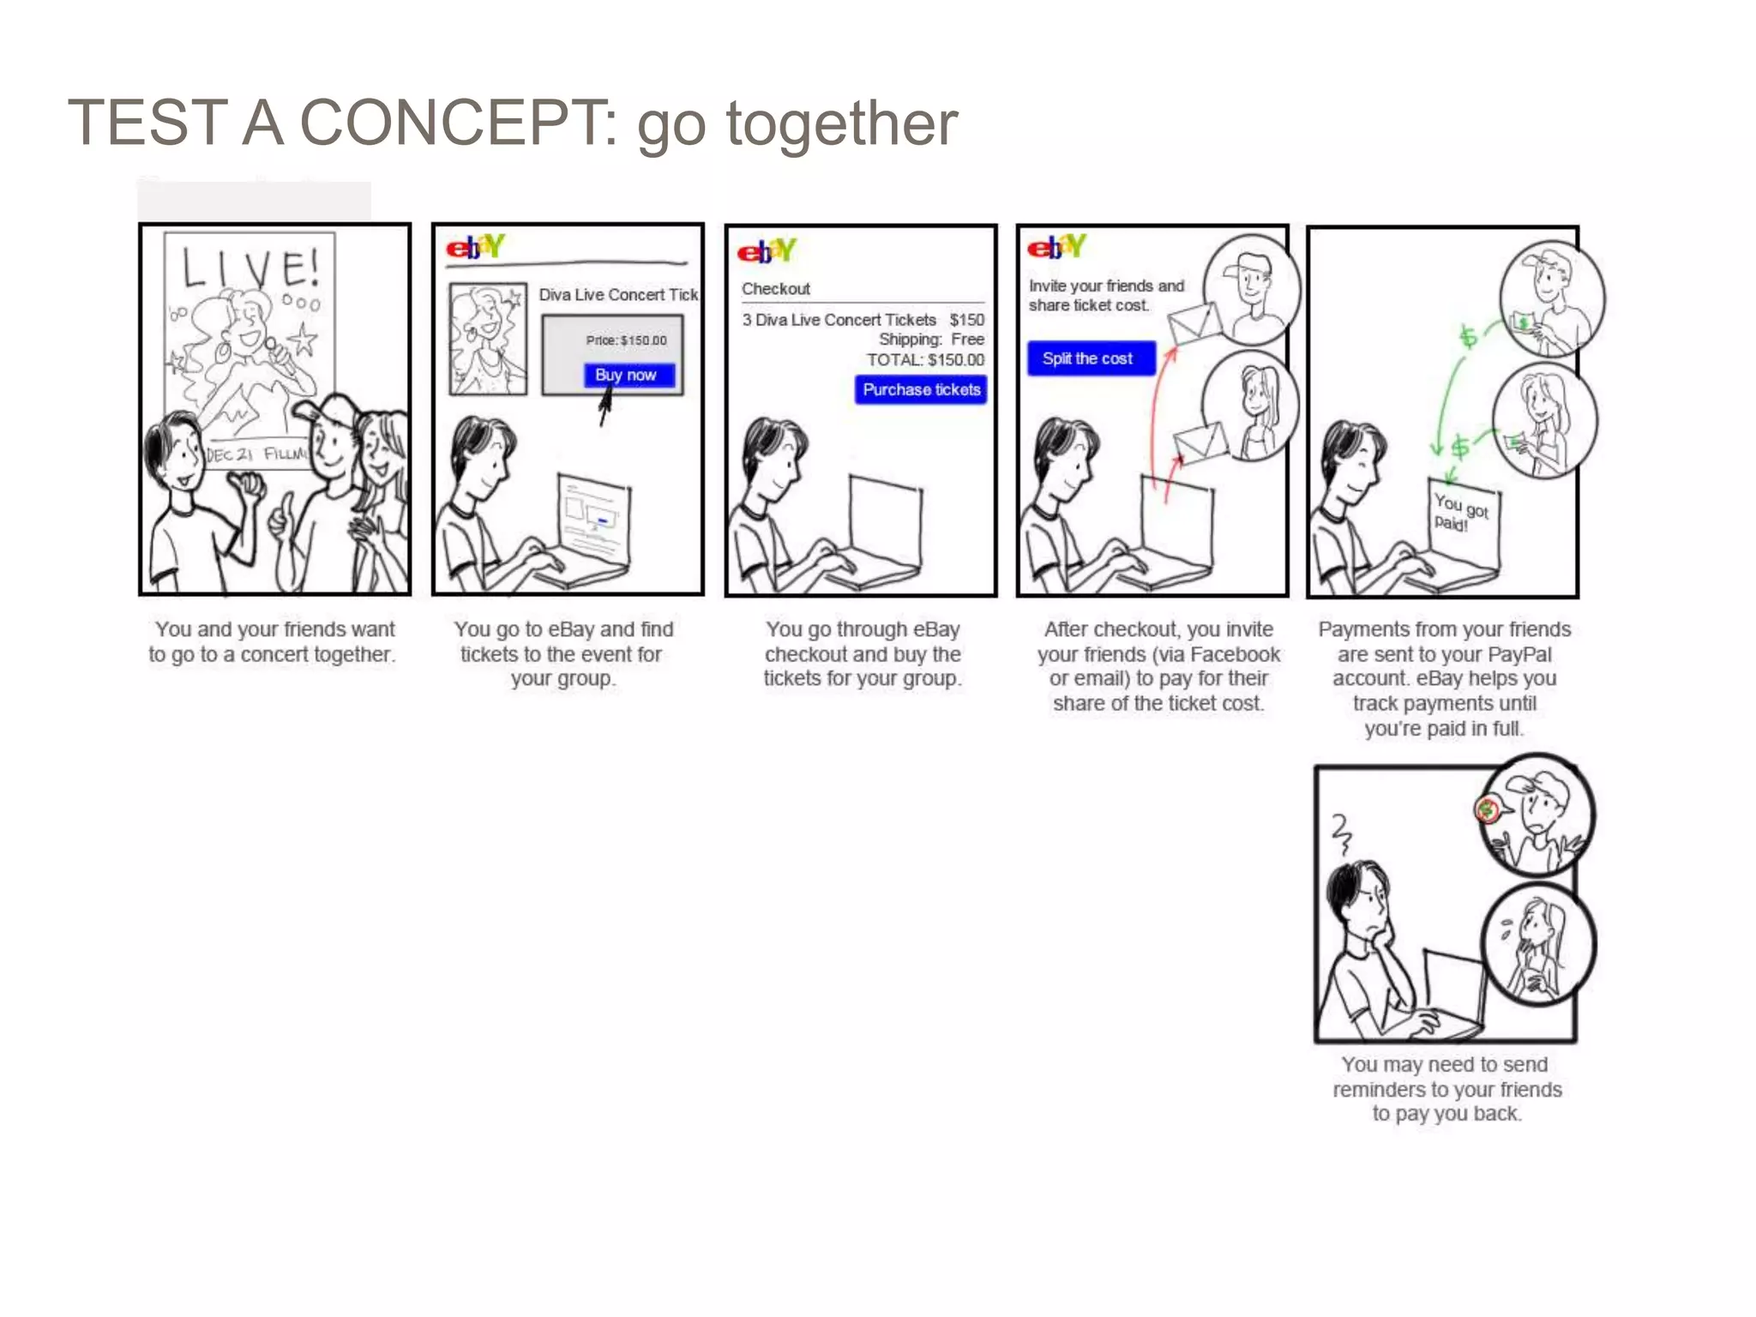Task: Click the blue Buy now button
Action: pyautogui.click(x=628, y=375)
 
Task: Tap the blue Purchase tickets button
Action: pyautogui.click(x=921, y=390)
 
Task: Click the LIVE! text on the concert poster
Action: pyautogui.click(x=250, y=268)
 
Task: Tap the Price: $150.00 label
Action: pyautogui.click(x=626, y=340)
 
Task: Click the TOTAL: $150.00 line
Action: pyautogui.click(x=925, y=360)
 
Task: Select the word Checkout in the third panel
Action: pyautogui.click(x=776, y=289)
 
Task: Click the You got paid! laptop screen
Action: pyautogui.click(x=1462, y=514)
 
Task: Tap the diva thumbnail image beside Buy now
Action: pyautogui.click(x=488, y=339)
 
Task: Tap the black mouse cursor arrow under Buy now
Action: pyautogui.click(x=604, y=406)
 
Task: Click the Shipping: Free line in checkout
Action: pyautogui.click(x=931, y=340)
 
